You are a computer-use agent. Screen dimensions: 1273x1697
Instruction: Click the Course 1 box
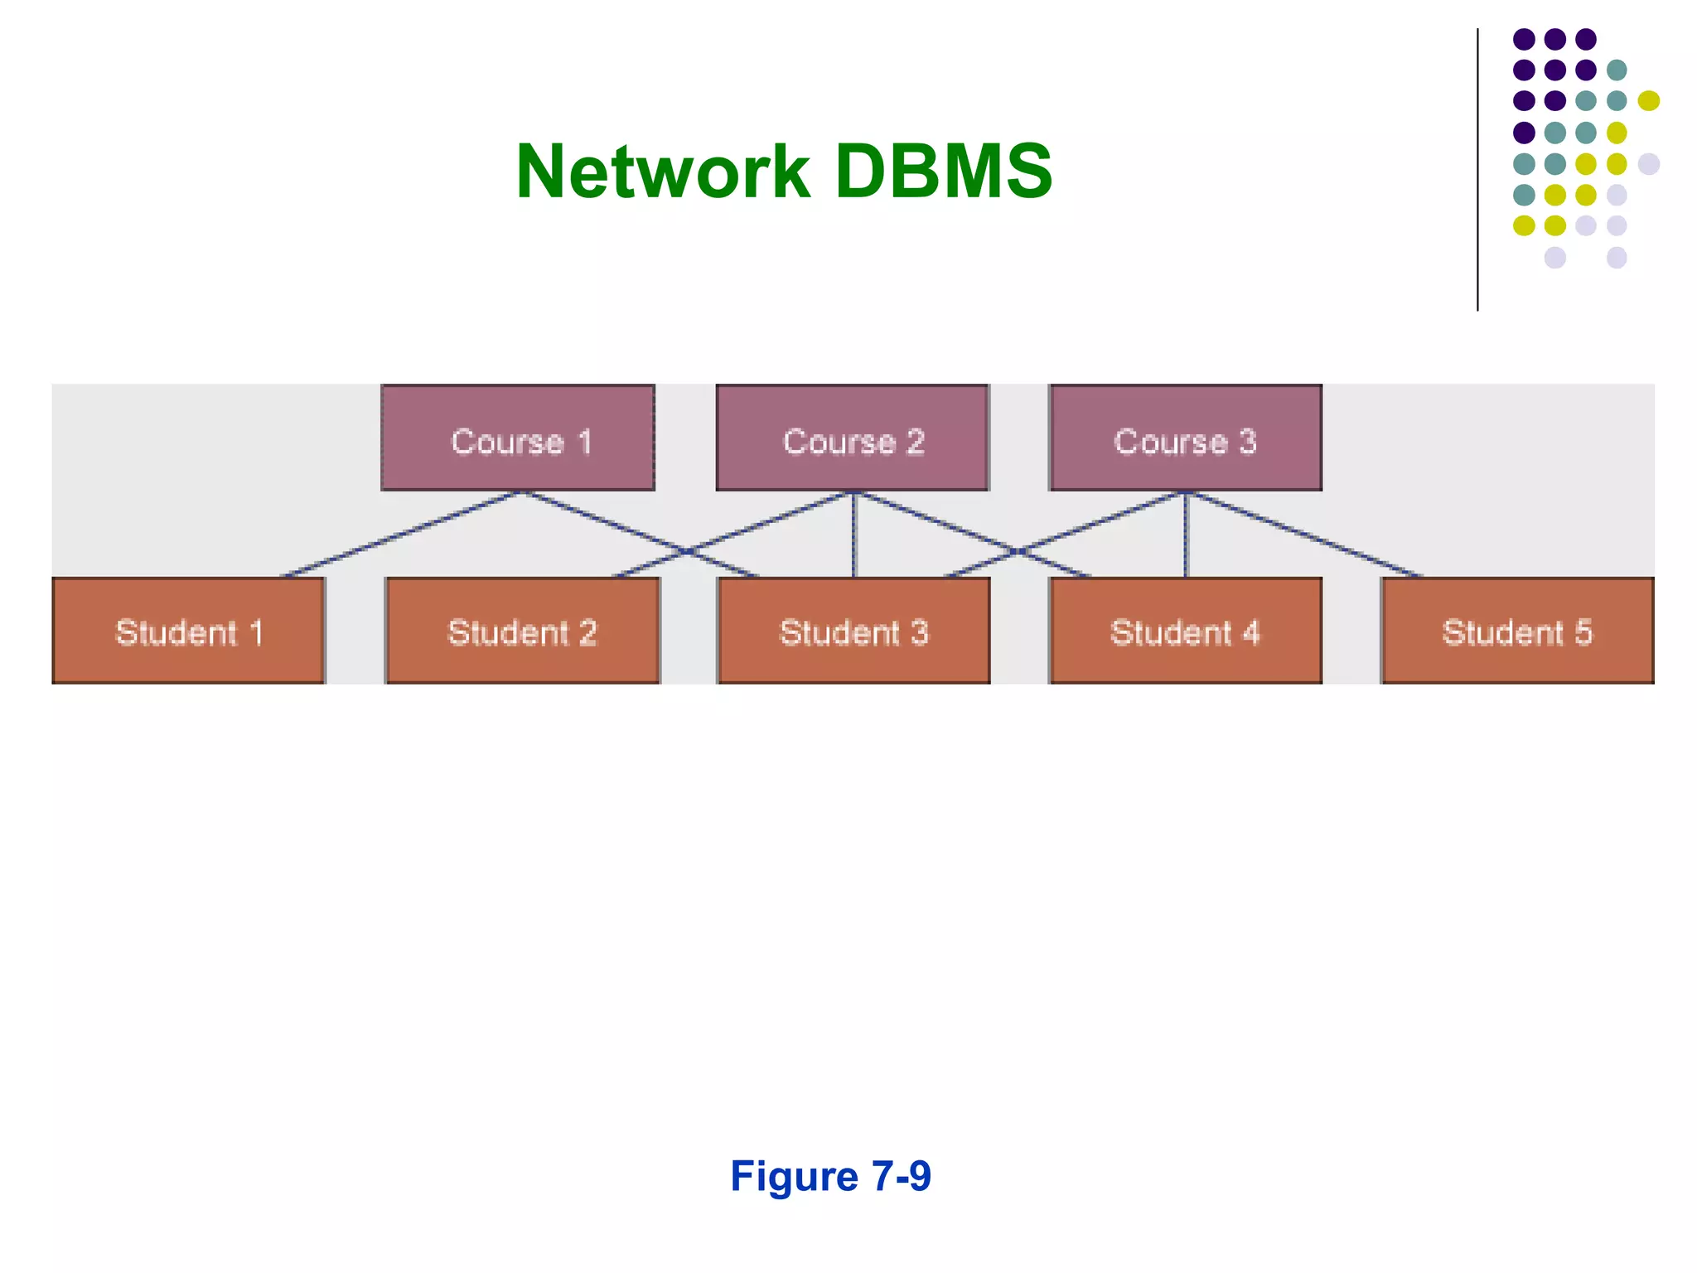click(x=518, y=438)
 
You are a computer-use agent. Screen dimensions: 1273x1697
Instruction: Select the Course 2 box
click(x=852, y=438)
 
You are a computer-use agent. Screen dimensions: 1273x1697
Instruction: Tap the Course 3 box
click(x=1185, y=438)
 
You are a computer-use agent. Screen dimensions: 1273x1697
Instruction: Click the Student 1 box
click(x=188, y=631)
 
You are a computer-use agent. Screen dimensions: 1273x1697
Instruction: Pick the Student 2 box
click(x=522, y=631)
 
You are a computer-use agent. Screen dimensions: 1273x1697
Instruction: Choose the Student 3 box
click(x=853, y=631)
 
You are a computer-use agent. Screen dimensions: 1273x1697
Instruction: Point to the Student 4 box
click(x=1185, y=631)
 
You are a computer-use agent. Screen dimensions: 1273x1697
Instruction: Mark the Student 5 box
click(x=1517, y=631)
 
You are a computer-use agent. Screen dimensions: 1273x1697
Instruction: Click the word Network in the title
click(x=662, y=172)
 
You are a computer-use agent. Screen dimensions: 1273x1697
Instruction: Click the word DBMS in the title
click(x=944, y=172)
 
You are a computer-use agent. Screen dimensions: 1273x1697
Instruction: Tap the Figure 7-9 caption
click(x=830, y=1176)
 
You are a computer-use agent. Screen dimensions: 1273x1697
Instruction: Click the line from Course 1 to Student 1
click(x=402, y=535)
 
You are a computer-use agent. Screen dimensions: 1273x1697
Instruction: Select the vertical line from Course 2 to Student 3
click(x=854, y=535)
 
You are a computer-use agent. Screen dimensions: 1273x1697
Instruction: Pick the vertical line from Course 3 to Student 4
click(x=1186, y=535)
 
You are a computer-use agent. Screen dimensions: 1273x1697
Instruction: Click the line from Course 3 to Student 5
click(x=1305, y=535)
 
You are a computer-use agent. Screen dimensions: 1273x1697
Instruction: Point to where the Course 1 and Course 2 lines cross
click(x=687, y=551)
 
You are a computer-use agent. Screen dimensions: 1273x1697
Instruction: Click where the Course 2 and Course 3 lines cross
click(x=1018, y=551)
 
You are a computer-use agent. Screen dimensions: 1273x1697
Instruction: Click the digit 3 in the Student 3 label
click(x=919, y=632)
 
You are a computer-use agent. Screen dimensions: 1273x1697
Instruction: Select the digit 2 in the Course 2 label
click(x=915, y=442)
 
